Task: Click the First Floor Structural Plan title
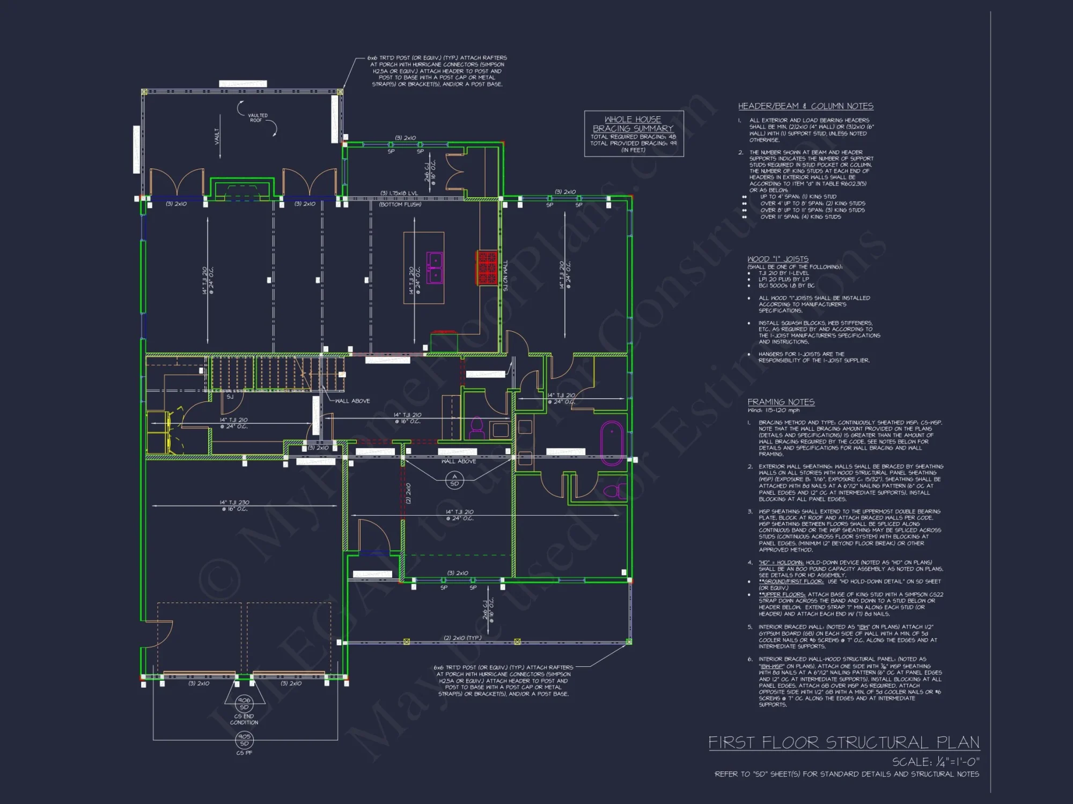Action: tap(843, 742)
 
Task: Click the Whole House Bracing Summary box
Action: tap(634, 133)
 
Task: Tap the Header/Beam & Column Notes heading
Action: tap(805, 106)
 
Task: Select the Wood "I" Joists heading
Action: tap(778, 259)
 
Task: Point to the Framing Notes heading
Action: tap(781, 402)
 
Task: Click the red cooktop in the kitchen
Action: tap(487, 267)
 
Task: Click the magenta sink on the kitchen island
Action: tap(435, 267)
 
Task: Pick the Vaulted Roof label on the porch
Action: tap(257, 118)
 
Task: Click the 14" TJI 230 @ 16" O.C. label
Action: tap(234, 505)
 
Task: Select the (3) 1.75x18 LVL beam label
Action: tap(399, 193)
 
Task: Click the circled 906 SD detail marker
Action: tap(244, 703)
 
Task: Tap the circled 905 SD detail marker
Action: tap(244, 740)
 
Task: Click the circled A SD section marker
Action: tap(454, 480)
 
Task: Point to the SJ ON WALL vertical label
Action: tap(505, 276)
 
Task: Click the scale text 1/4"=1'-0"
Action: tap(936, 762)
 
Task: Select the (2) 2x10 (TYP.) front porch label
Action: tap(462, 638)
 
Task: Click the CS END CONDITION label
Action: tap(244, 719)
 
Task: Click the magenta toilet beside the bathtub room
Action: tap(613, 490)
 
